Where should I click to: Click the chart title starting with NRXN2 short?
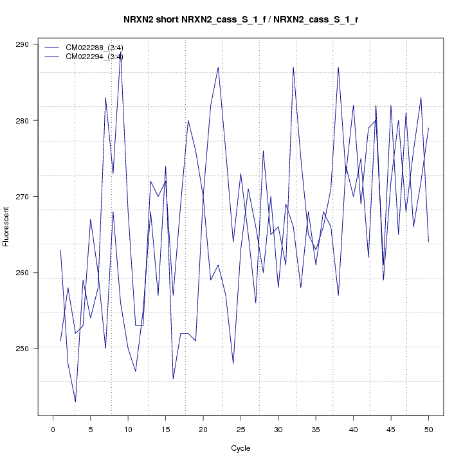pos(241,19)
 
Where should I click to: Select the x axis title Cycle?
pos(241,448)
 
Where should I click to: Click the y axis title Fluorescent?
pos(7,226)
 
